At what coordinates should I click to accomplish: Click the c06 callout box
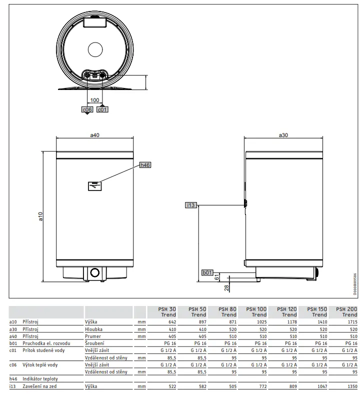click(87, 109)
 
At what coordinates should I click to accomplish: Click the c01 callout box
click(102, 109)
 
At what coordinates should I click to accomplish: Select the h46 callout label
click(145, 165)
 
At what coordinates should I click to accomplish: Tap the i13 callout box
click(191, 205)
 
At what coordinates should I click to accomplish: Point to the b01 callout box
click(207, 272)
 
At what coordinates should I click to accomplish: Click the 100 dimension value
click(94, 100)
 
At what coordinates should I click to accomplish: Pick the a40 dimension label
click(94, 135)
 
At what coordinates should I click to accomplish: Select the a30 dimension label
click(283, 135)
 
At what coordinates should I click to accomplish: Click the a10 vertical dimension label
click(40, 216)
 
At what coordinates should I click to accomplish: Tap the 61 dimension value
click(216, 277)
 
